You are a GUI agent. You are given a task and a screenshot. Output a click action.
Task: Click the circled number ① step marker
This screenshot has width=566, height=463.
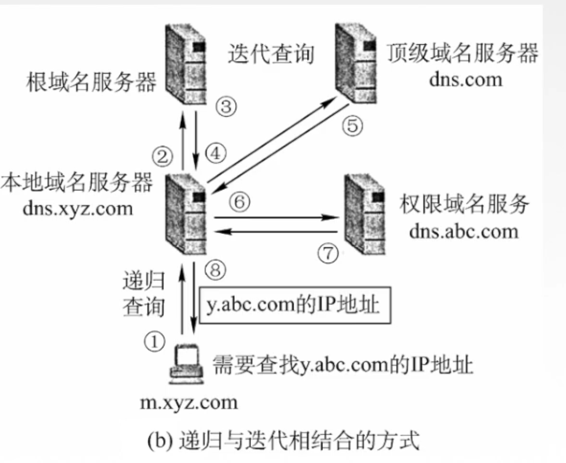[x=155, y=342]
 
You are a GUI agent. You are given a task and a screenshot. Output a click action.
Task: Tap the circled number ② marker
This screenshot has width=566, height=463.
[x=162, y=156]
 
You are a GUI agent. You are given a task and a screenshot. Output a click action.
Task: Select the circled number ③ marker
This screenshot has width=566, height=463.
[x=226, y=106]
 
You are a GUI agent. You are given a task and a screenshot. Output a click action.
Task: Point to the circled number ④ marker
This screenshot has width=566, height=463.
[x=216, y=154]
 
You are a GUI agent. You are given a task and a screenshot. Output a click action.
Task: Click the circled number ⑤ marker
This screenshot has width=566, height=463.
[x=352, y=125]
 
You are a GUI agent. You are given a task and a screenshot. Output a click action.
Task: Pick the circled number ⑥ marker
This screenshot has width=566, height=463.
[x=240, y=202]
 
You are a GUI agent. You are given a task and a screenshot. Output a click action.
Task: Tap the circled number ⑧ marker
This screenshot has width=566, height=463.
[x=215, y=270]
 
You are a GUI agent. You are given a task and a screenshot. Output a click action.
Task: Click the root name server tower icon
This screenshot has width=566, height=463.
[x=186, y=64]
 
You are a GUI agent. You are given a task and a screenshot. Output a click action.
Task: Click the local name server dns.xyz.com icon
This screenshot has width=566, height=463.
[x=186, y=214]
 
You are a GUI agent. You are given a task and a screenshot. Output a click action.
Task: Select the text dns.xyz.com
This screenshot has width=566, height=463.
[x=78, y=209]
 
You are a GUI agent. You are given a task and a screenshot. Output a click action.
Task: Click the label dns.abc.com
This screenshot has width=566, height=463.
[x=463, y=231]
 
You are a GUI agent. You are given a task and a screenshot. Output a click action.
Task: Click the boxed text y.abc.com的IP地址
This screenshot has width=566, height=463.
[x=295, y=305]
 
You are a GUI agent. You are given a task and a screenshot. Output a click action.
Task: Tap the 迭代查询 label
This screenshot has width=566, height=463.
[x=271, y=54]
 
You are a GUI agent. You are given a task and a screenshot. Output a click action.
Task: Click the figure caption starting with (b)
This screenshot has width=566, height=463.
[x=283, y=441]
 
